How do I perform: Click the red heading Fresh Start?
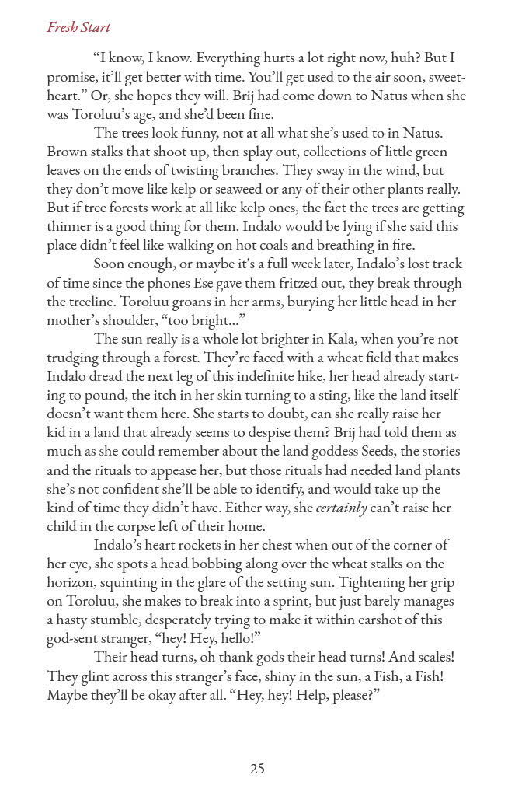(78, 28)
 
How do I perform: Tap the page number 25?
(257, 769)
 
